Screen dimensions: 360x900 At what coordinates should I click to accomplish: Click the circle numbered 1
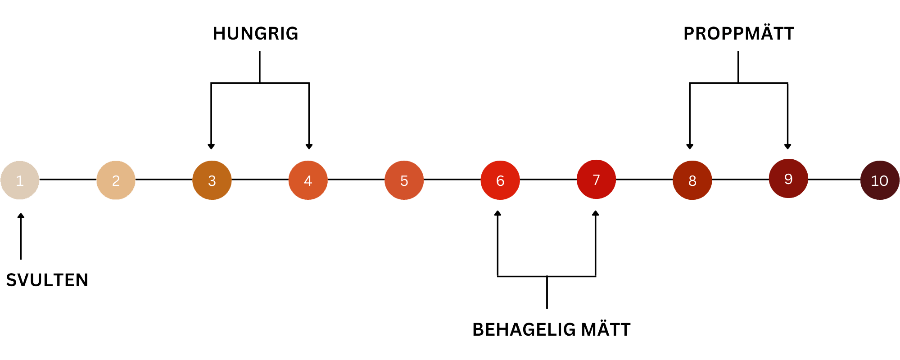(x=20, y=180)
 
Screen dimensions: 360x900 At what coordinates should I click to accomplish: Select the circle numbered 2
(x=116, y=180)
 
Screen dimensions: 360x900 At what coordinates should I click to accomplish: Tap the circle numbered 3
(x=212, y=180)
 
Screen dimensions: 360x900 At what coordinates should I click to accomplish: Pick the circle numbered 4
(x=308, y=180)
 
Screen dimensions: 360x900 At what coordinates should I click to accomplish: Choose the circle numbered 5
(x=404, y=180)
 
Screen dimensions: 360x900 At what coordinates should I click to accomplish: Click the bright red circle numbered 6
(x=500, y=180)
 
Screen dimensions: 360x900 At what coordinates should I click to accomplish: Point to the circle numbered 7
(x=596, y=179)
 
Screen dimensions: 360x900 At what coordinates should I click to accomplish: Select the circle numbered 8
(x=692, y=180)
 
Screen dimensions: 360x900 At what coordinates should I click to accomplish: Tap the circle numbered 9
(x=788, y=178)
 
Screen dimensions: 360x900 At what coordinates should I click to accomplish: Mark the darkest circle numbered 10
(x=879, y=180)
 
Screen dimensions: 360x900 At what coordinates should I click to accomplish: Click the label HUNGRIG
(x=255, y=34)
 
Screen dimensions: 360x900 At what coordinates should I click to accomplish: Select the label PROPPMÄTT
(x=739, y=34)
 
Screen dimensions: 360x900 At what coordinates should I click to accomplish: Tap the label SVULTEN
(x=47, y=280)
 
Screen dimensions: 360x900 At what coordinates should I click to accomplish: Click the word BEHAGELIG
(x=524, y=329)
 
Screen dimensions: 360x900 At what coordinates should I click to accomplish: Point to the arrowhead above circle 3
(x=211, y=146)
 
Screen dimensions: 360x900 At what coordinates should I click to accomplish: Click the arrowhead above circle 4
(x=309, y=146)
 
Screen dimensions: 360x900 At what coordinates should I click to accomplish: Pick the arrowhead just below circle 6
(x=497, y=213)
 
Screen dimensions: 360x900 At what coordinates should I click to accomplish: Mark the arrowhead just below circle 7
(x=596, y=213)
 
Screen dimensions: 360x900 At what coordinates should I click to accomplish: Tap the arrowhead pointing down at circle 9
(x=787, y=146)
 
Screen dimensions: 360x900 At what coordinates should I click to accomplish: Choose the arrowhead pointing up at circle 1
(x=21, y=216)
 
